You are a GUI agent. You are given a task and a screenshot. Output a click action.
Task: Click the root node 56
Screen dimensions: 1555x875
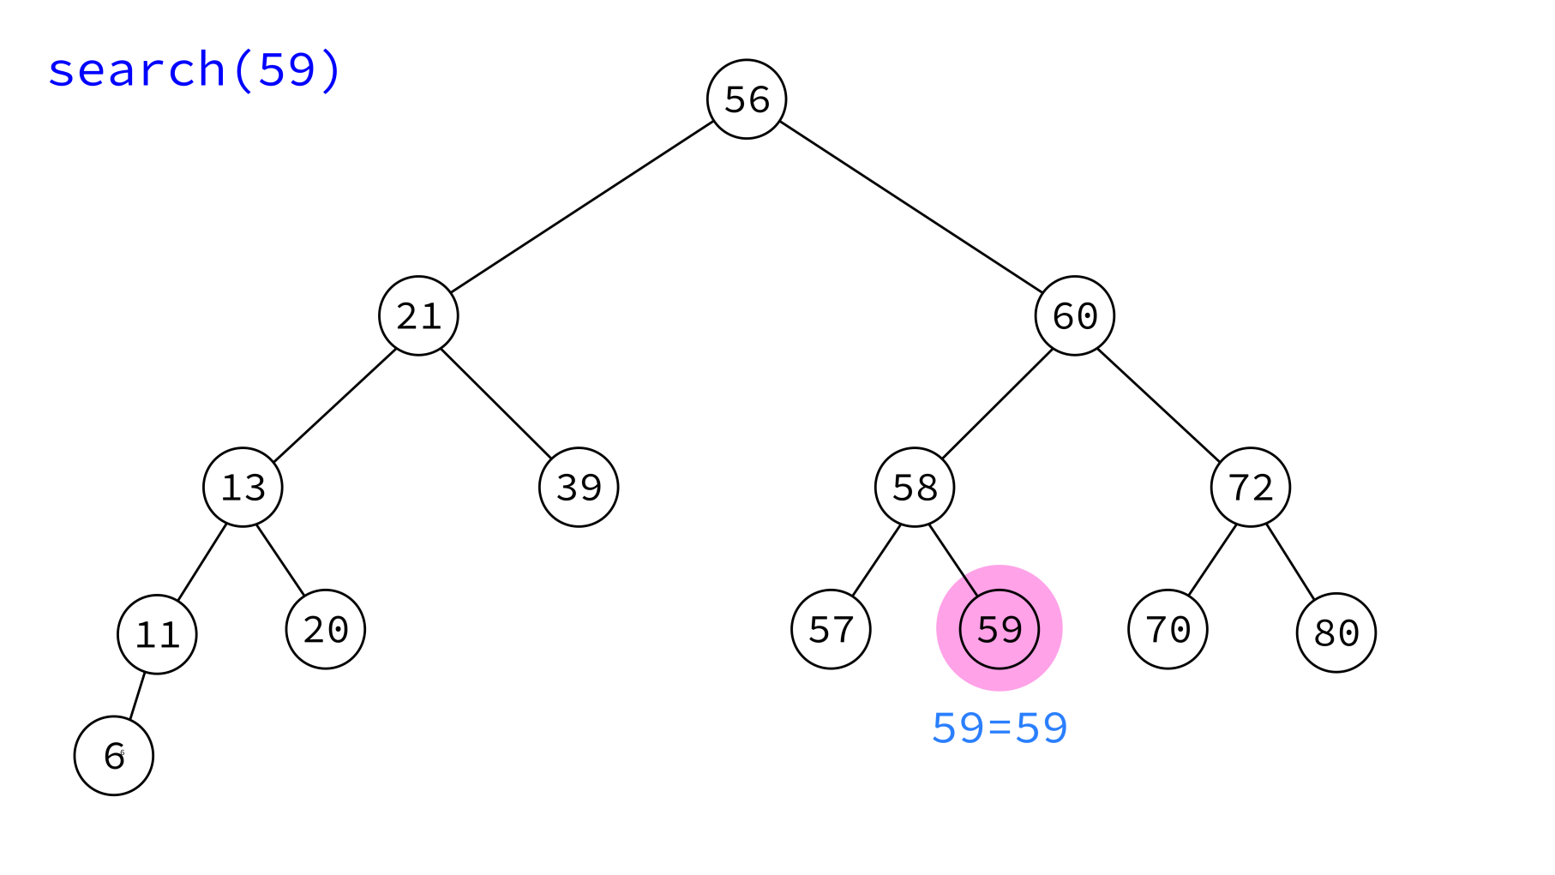[747, 99]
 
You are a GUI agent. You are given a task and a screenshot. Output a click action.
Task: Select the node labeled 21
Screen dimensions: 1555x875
[418, 315]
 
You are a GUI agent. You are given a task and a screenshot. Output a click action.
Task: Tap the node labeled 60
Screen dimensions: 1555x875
[1075, 315]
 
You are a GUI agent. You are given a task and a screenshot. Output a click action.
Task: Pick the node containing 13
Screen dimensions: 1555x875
[243, 487]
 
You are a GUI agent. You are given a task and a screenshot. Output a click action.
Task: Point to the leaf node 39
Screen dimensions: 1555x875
[579, 487]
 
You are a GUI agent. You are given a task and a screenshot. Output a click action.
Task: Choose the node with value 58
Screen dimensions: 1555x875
[915, 487]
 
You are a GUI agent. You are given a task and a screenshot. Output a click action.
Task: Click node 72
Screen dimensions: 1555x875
[1251, 487]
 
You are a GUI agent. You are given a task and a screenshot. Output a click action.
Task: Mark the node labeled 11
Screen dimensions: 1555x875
[157, 634]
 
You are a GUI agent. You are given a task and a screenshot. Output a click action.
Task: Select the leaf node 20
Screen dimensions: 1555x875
[326, 629]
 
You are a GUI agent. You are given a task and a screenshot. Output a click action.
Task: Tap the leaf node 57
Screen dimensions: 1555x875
[831, 629]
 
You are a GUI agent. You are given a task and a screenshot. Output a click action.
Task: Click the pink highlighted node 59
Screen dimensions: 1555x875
[1000, 629]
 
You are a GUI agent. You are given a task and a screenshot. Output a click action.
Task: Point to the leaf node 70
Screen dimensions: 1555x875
[1168, 629]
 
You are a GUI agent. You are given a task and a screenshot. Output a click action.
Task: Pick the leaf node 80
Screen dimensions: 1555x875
[1336, 632]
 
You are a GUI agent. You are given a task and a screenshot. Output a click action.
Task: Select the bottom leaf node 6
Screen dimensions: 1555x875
[114, 756]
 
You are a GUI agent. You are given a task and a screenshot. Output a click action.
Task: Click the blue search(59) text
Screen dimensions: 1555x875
[195, 69]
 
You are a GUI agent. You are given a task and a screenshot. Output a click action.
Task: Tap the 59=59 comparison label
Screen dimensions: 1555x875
[1000, 728]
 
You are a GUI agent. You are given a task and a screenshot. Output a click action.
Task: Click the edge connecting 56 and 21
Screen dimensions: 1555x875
[583, 207]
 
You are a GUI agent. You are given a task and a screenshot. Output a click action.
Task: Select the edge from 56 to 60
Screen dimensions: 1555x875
[910, 207]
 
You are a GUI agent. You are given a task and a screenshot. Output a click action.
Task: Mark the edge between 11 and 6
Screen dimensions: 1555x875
[137, 696]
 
